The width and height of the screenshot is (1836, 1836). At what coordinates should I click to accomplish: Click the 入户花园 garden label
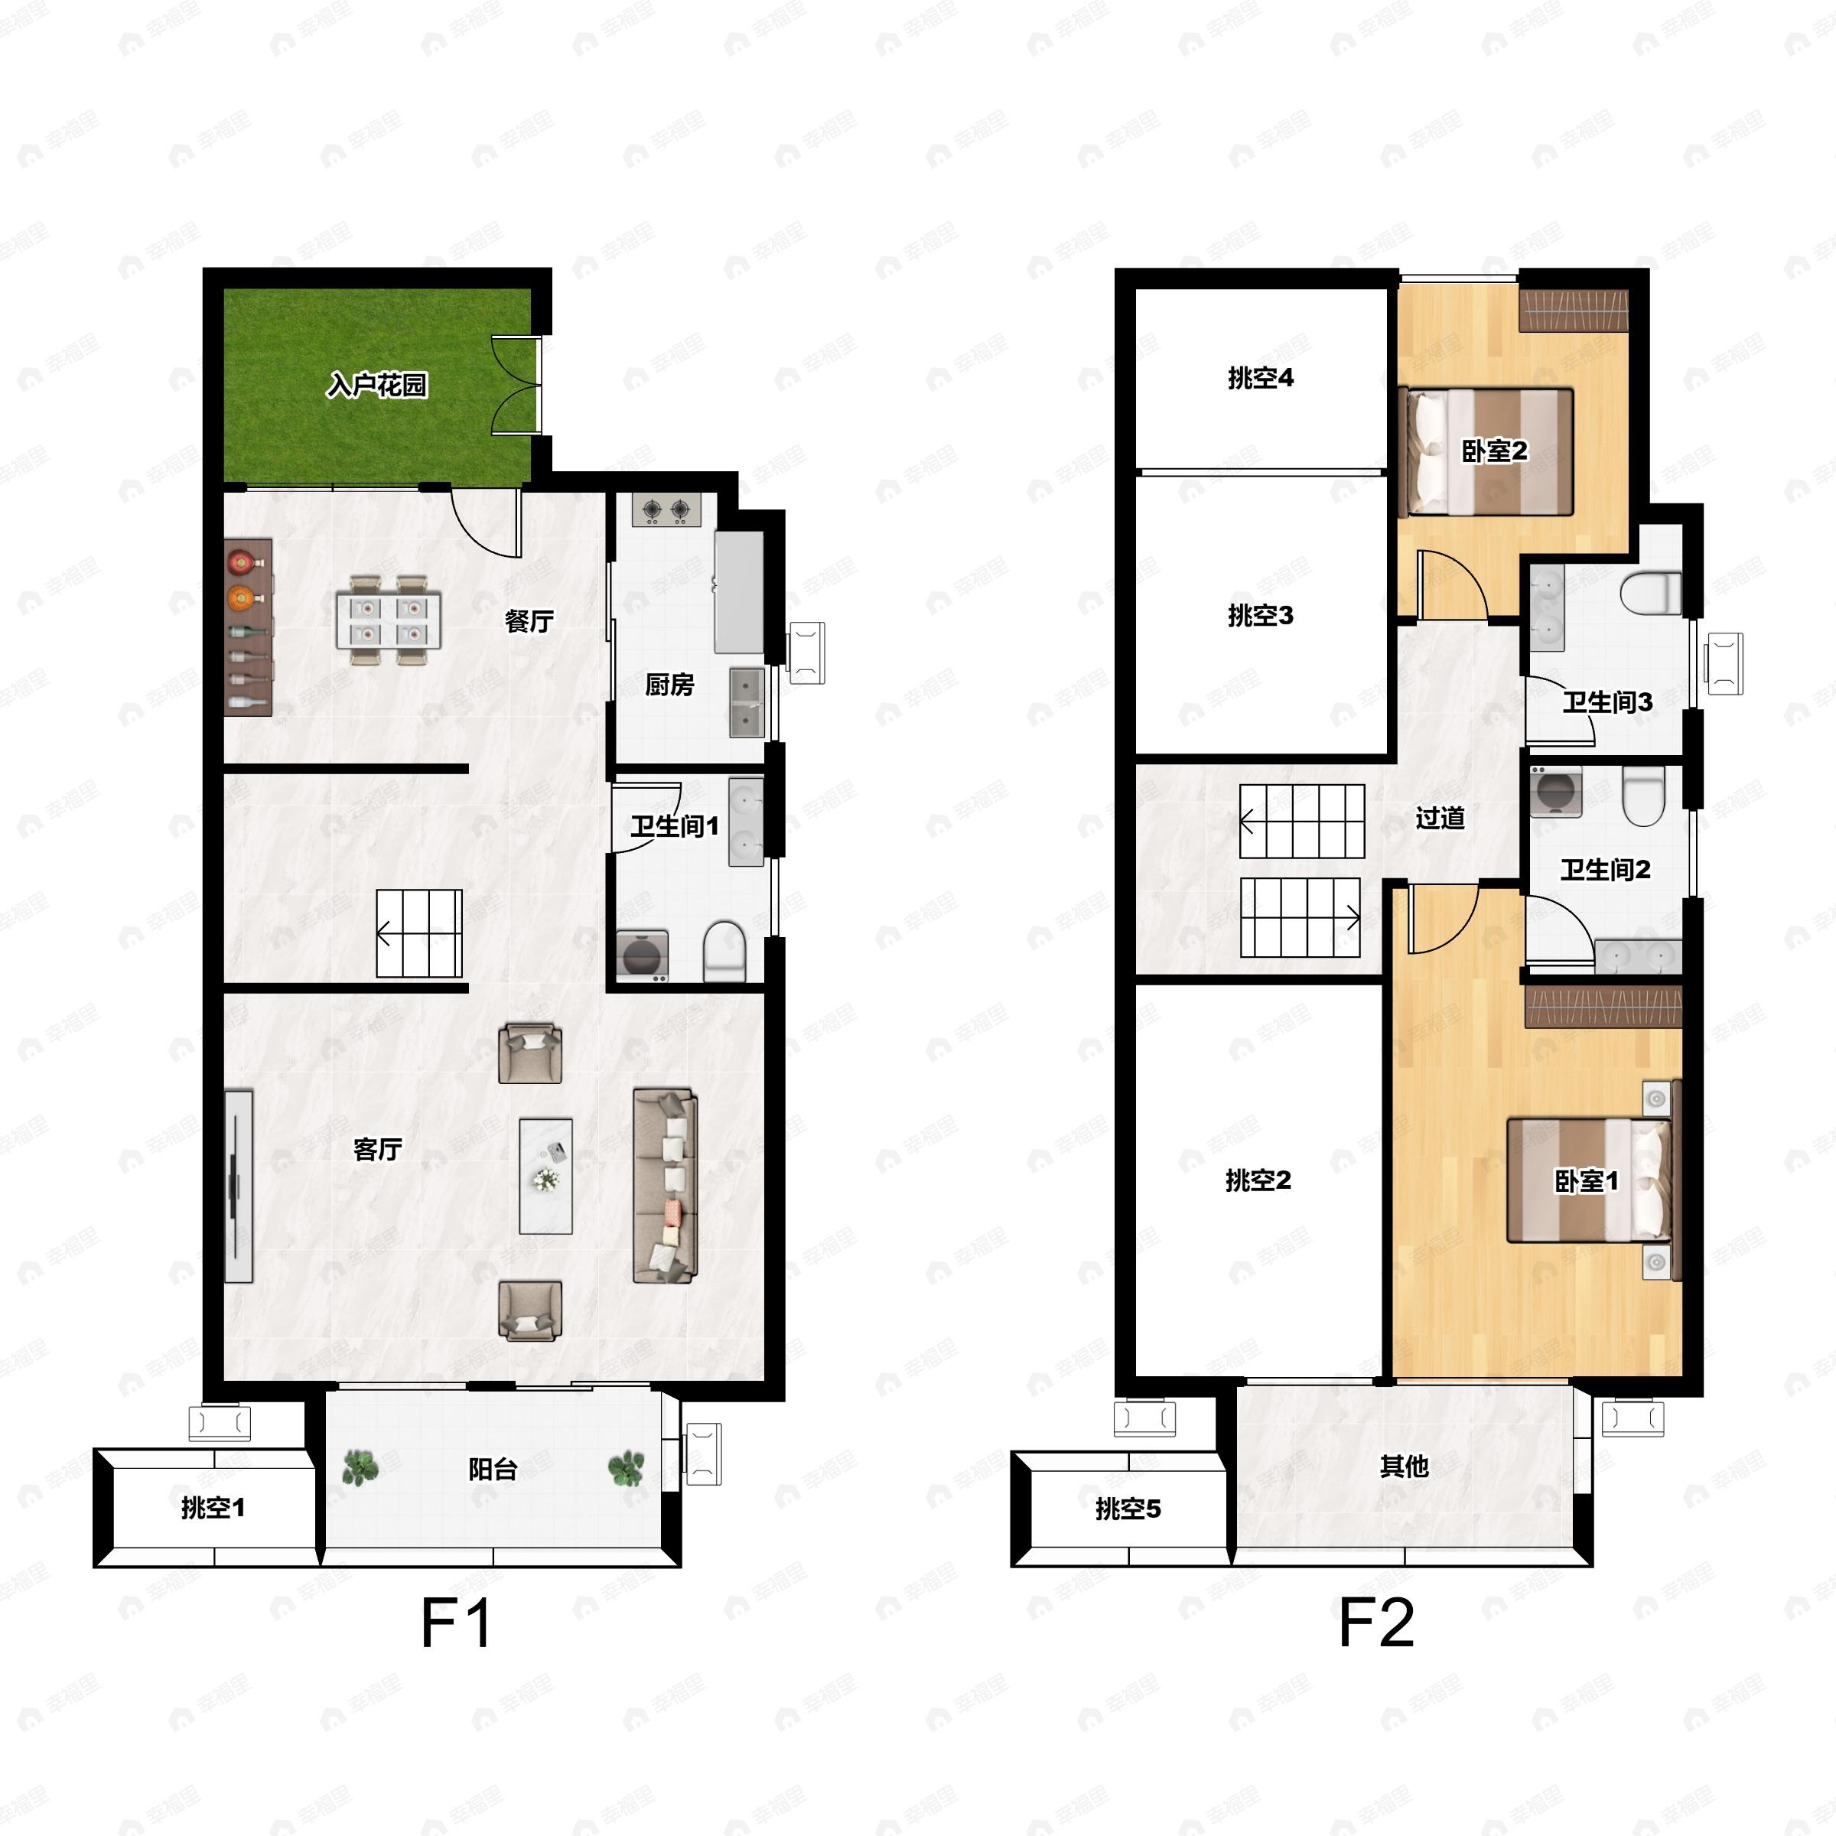tap(377, 385)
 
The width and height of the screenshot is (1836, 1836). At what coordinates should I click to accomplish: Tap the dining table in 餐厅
tap(389, 620)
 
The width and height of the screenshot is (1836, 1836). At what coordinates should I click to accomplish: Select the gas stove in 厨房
tap(666, 510)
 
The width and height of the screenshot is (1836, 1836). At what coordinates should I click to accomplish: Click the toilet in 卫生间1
tap(724, 950)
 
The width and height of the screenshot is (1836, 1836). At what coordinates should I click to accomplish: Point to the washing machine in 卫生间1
tap(643, 955)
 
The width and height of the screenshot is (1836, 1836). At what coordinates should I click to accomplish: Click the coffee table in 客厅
tap(545, 1176)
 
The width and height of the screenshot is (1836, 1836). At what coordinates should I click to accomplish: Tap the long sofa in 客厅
tap(666, 1185)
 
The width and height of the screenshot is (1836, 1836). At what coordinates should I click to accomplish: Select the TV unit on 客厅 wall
tap(238, 1186)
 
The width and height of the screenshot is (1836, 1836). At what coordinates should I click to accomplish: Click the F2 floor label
tap(1376, 1623)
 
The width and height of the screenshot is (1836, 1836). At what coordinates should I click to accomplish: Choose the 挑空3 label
tap(1260, 616)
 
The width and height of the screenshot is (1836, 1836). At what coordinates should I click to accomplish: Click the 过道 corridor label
tap(1440, 817)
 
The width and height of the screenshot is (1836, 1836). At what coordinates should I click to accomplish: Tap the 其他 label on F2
tap(1404, 1467)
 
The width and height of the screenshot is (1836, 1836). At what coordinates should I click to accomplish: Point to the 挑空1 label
tap(213, 1507)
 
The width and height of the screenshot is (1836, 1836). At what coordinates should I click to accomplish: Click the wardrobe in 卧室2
tap(1574, 310)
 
